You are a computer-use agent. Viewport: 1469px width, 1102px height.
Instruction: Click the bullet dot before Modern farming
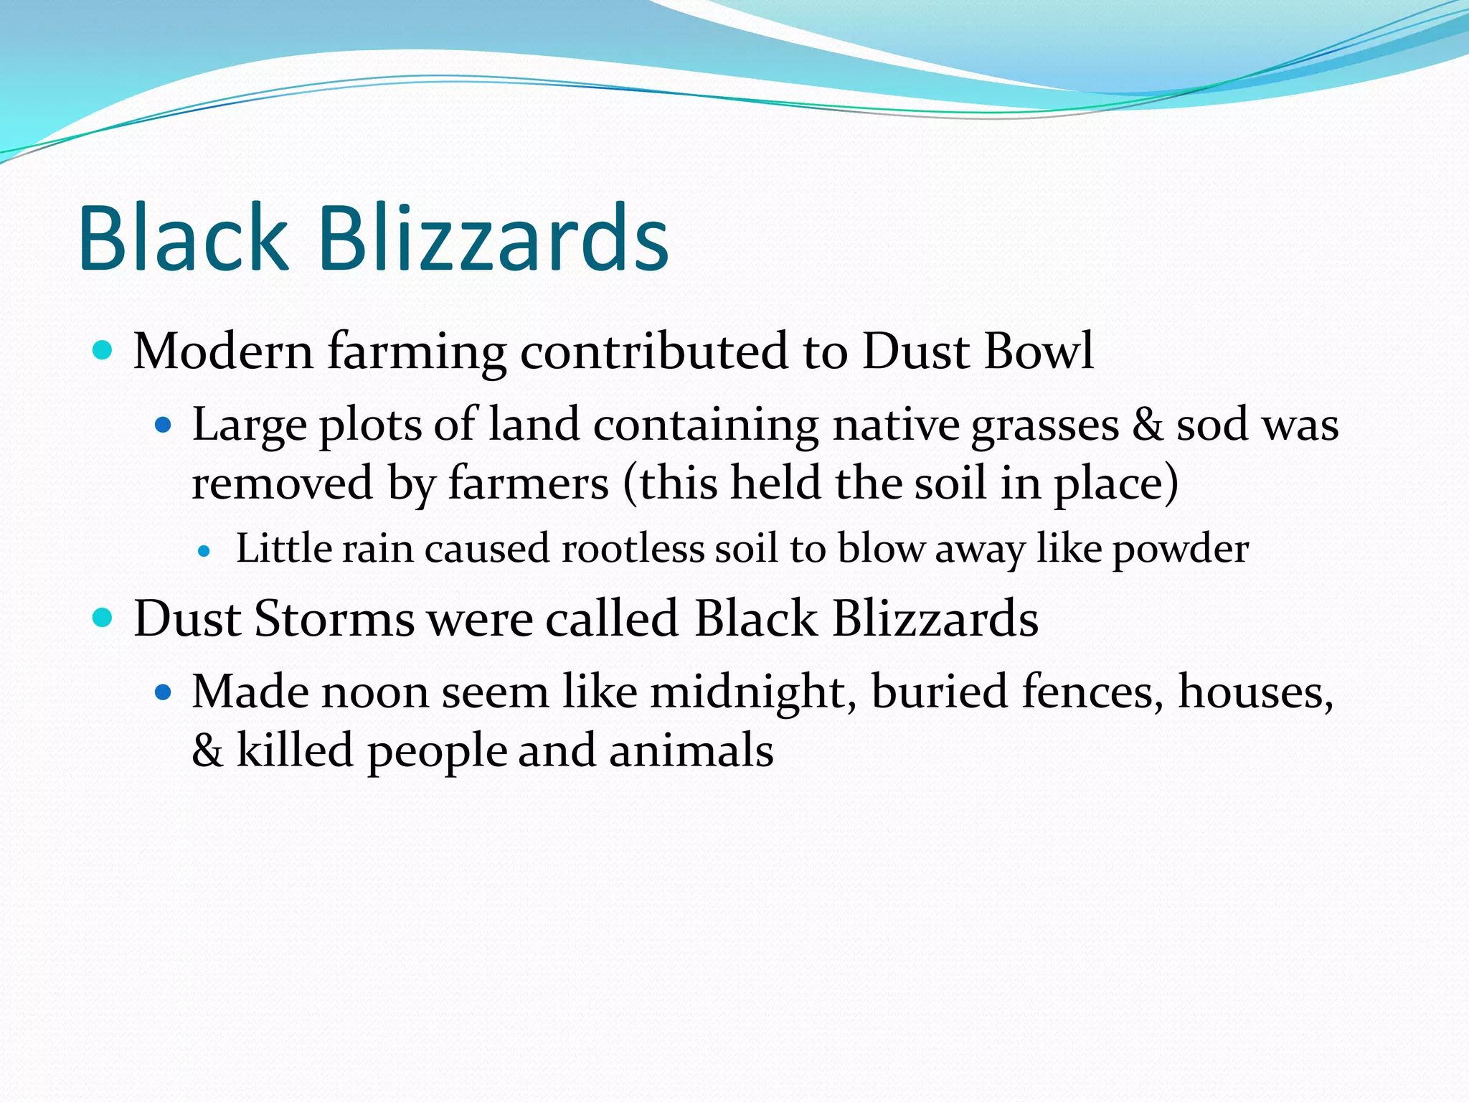click(103, 350)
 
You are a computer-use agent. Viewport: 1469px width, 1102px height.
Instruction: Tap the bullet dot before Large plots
click(164, 425)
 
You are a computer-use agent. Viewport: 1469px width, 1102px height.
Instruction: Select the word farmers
click(529, 483)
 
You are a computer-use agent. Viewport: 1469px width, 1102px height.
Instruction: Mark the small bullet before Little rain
click(205, 552)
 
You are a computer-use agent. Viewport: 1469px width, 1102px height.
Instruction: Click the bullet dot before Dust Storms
click(103, 617)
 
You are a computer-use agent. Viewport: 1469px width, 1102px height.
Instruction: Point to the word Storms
click(334, 618)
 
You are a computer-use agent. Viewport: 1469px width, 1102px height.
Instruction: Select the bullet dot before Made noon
click(164, 692)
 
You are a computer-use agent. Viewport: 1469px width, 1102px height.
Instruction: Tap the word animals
click(691, 751)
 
